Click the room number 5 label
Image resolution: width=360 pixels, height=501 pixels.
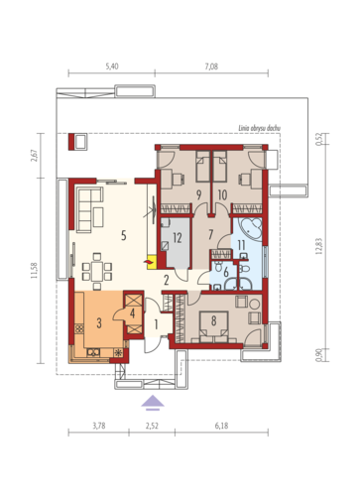click(124, 235)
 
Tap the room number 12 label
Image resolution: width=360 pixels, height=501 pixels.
click(178, 237)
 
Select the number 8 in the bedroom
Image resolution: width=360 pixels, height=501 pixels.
click(213, 320)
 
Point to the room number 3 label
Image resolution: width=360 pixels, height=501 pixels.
click(99, 322)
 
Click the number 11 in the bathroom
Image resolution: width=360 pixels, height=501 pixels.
click(241, 245)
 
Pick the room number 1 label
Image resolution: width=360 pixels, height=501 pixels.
click(156, 324)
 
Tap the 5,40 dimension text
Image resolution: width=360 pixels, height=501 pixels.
click(112, 66)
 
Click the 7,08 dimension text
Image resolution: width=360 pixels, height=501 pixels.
click(211, 66)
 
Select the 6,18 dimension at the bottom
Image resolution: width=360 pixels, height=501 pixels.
click(221, 426)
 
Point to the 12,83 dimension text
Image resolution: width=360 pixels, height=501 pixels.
click(319, 246)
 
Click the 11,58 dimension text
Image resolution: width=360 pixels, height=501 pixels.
click(34, 270)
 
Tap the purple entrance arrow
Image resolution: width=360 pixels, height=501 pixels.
click(153, 403)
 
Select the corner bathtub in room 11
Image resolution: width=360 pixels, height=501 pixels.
click(251, 228)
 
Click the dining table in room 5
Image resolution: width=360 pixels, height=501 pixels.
click(97, 267)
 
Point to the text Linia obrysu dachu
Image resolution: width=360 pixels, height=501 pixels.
click(260, 128)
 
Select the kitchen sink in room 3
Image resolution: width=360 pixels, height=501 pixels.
click(93, 352)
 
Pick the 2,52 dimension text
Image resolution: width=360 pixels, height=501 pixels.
click(152, 426)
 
